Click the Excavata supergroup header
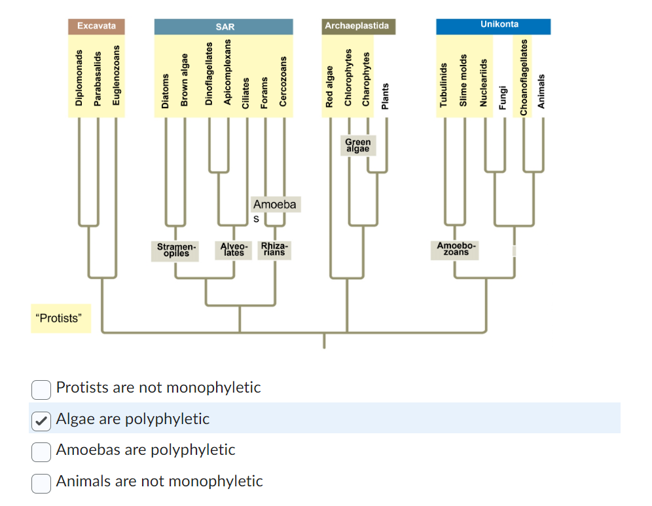point(96,26)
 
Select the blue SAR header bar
point(224,27)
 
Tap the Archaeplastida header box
point(357,26)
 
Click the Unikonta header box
point(493,26)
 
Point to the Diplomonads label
point(79,77)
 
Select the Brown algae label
point(185,80)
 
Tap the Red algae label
point(330,85)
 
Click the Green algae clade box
point(358,146)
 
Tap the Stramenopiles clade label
point(175,250)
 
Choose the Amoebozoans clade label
point(456,249)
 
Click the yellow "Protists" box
point(60,319)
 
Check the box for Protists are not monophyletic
point(41,389)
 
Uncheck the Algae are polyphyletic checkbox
point(41,420)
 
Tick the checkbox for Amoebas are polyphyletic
point(41,451)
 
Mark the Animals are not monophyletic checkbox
point(41,482)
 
